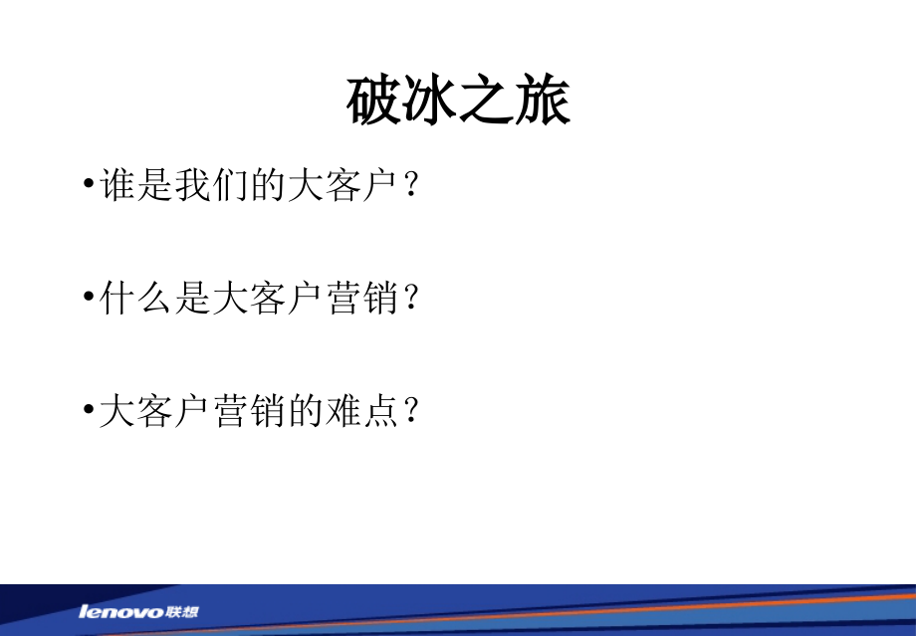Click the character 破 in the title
(375, 102)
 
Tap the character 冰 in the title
(431, 102)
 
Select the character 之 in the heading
(487, 102)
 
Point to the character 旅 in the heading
(543, 102)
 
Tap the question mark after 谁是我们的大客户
(408, 187)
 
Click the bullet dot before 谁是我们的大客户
(90, 187)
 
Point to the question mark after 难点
(408, 411)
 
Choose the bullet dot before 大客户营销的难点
(90, 411)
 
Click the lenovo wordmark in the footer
(122, 611)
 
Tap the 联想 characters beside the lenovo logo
(183, 610)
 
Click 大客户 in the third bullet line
(156, 410)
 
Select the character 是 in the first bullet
(156, 186)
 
